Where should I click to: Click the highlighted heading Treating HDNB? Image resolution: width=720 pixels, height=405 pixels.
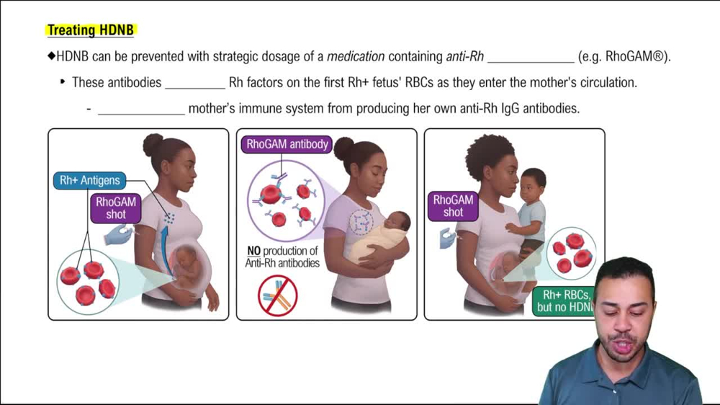coord(91,30)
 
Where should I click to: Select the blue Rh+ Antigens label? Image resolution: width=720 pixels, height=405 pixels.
coord(89,180)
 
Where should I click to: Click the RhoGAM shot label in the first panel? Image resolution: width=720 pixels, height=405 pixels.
coord(116,208)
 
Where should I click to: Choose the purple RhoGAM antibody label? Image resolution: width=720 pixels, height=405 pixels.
coord(287,144)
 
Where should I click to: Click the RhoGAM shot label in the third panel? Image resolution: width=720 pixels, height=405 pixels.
coord(453,205)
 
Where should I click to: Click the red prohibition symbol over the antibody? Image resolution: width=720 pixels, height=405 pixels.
coord(278,295)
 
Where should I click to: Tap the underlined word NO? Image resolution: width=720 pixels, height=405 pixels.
coord(253,251)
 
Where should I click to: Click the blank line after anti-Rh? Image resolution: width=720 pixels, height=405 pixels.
coord(531,58)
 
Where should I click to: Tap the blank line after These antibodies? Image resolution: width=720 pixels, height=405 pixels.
coord(195,84)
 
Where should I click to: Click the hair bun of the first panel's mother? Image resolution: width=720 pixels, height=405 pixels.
coord(153,144)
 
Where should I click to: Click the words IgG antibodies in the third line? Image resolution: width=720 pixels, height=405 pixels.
coord(534,109)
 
